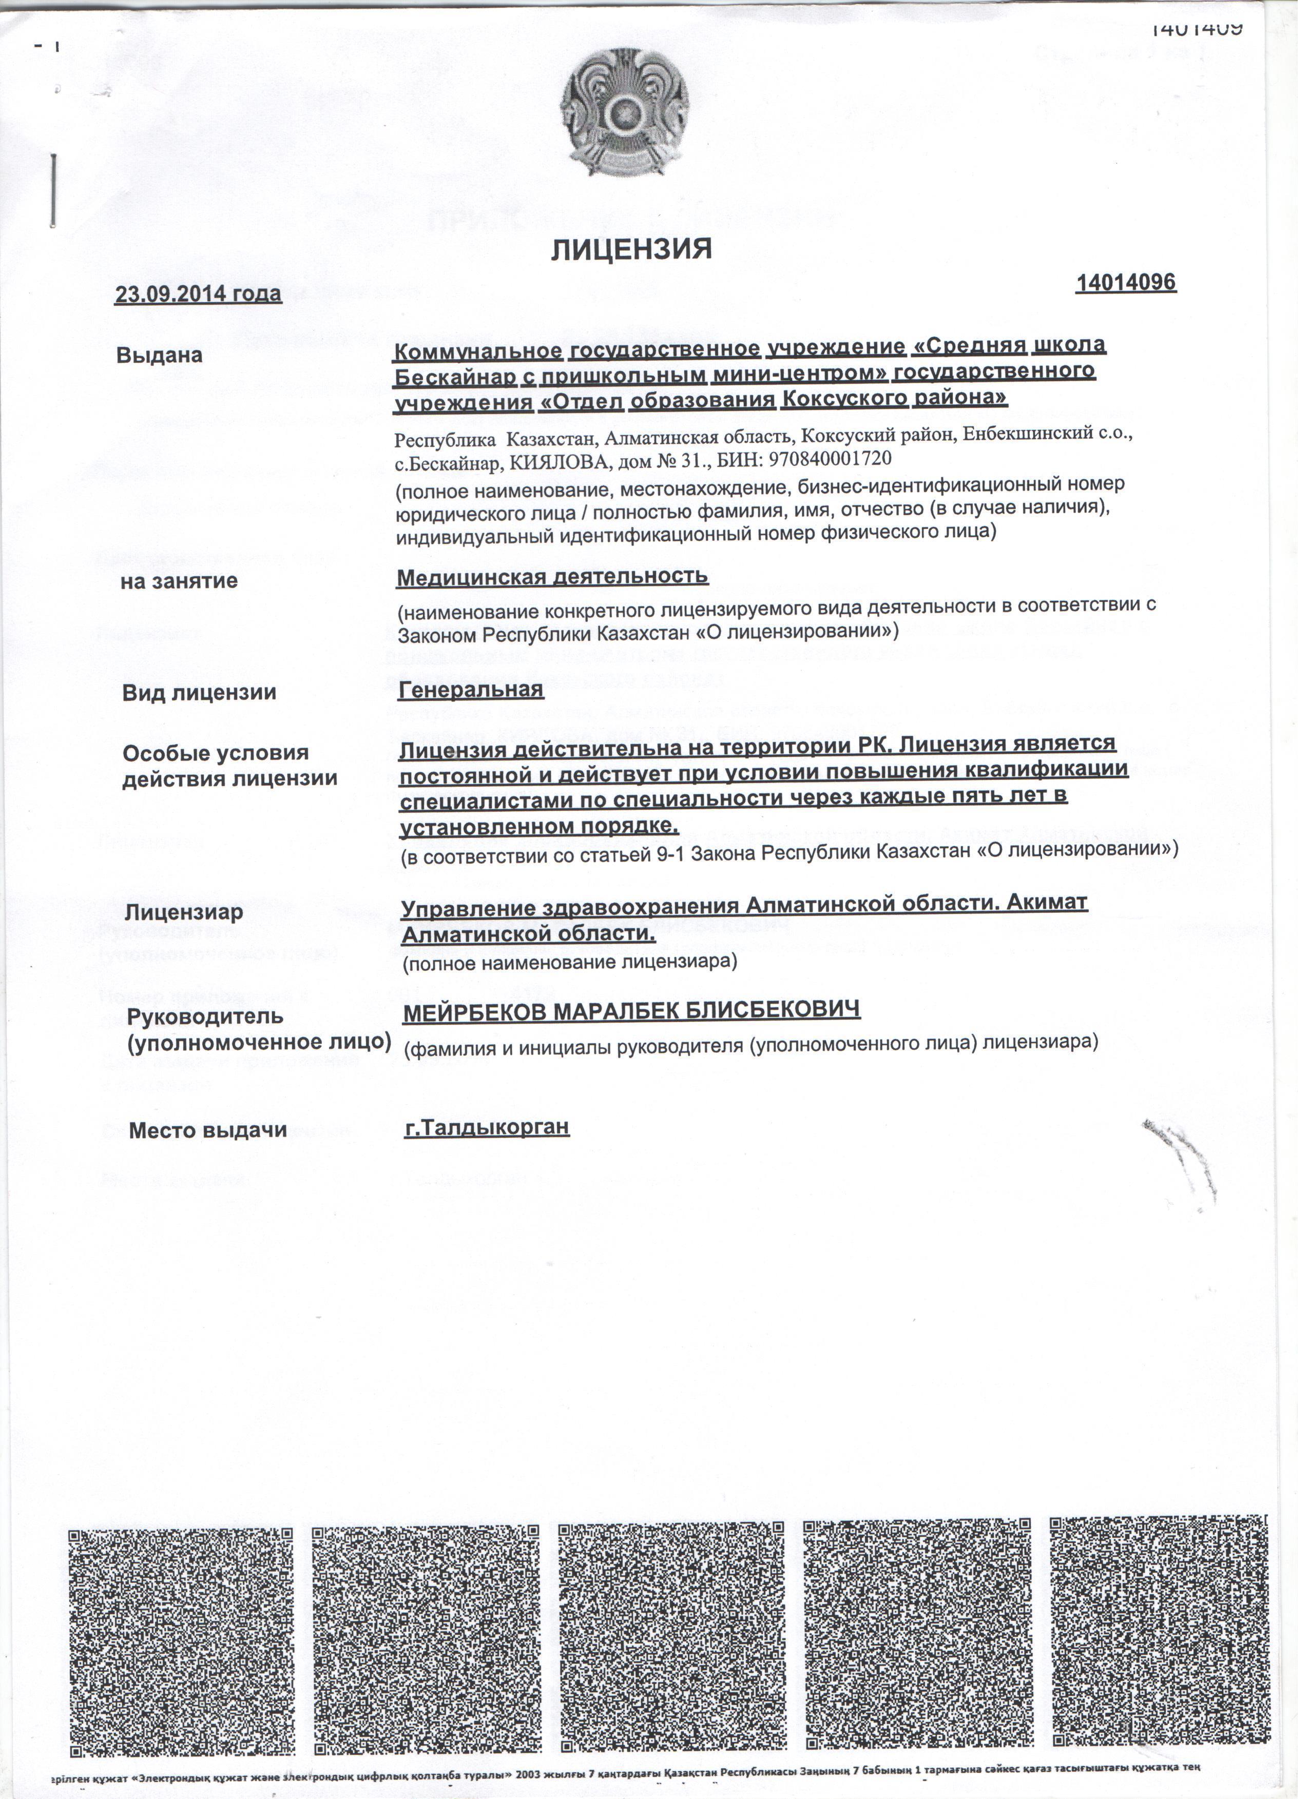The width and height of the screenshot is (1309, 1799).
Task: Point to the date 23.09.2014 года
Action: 200,295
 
